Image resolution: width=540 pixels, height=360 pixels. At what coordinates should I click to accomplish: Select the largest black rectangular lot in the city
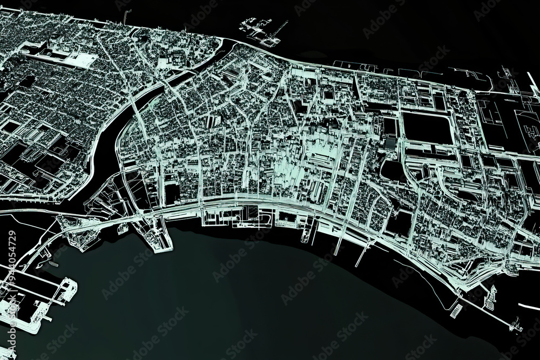point(427,127)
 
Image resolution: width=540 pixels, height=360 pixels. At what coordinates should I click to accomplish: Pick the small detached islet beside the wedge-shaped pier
point(123,229)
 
